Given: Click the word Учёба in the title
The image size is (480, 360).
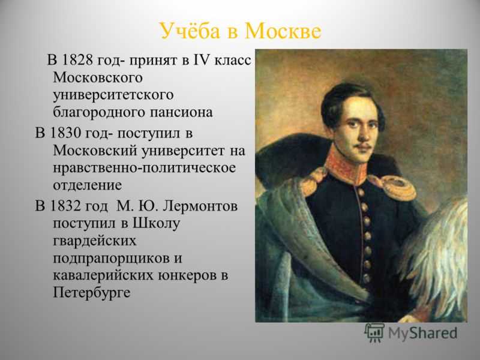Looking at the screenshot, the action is click(x=190, y=31).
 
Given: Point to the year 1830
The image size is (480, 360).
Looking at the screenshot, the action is click(x=64, y=133).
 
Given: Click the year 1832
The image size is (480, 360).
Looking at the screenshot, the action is click(x=64, y=206).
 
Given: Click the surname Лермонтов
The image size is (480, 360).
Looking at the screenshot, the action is click(x=200, y=206).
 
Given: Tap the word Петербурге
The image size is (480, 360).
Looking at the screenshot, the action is click(x=92, y=293).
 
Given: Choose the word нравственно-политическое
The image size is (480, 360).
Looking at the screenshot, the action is click(x=145, y=168).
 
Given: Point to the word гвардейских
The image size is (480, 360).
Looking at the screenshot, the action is click(x=95, y=241).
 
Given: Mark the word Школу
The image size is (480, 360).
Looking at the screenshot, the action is click(x=156, y=223).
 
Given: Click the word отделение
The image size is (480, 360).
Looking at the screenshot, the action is click(x=88, y=185).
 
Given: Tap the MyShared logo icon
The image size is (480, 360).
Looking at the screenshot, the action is click(x=374, y=333).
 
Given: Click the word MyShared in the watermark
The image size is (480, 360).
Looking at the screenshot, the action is click(x=423, y=333).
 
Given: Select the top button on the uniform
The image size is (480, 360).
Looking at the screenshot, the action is click(x=361, y=193).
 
